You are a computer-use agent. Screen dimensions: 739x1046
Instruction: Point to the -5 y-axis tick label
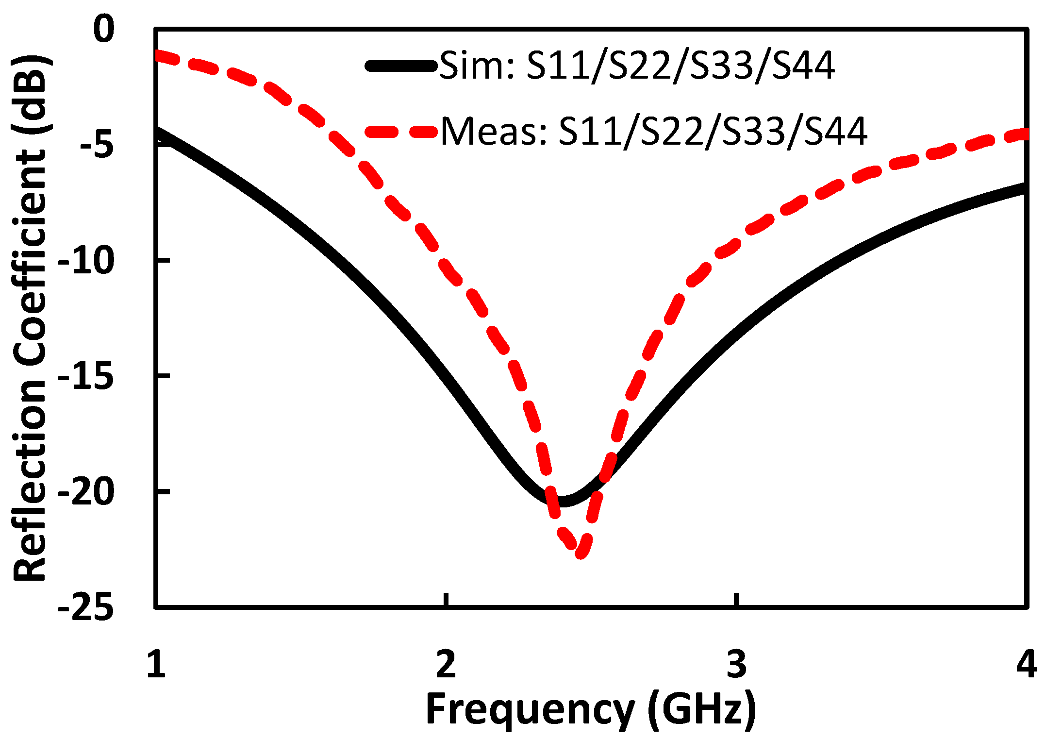click(x=97, y=144)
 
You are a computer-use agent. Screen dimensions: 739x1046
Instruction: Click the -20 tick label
click(x=86, y=491)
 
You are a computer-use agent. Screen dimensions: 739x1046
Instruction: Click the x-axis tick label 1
click(x=156, y=664)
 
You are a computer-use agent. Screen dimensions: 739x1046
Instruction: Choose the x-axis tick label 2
click(x=446, y=664)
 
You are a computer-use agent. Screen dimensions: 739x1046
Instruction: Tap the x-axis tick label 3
click(x=736, y=664)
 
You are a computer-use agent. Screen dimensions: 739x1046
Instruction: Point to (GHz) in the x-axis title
click(x=702, y=709)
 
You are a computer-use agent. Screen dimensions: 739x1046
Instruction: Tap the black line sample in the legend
click(x=401, y=66)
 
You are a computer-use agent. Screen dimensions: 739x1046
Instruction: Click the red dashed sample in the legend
click(x=401, y=132)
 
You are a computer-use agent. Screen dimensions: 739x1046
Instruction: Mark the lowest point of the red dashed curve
click(x=581, y=553)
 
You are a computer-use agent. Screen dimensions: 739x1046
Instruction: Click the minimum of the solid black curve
click(x=562, y=501)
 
